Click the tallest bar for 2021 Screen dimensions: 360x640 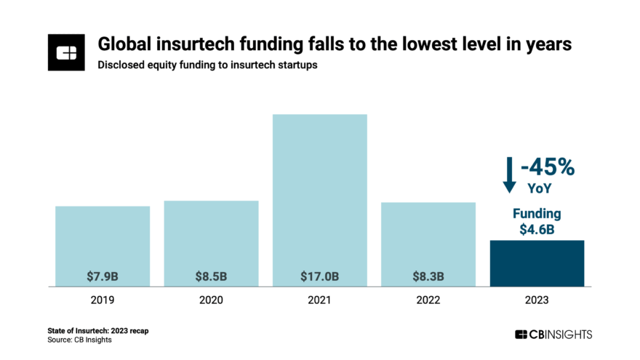pos(319,196)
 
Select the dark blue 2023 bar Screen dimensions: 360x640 pos(537,263)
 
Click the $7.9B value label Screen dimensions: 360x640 pos(103,276)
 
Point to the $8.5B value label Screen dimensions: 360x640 pos(211,276)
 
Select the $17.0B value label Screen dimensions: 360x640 pos(319,276)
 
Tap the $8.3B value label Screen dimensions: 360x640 pos(428,276)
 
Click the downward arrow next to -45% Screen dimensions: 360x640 pos(509,175)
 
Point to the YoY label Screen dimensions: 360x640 pos(539,188)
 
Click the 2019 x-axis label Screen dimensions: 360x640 pos(103,299)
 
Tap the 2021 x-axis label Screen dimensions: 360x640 pos(319,299)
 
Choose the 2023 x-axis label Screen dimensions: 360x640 pos(537,299)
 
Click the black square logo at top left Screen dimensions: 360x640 pos(67,52)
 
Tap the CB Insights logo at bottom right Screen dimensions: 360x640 pos(553,334)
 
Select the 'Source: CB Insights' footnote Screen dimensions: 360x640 pos(80,340)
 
